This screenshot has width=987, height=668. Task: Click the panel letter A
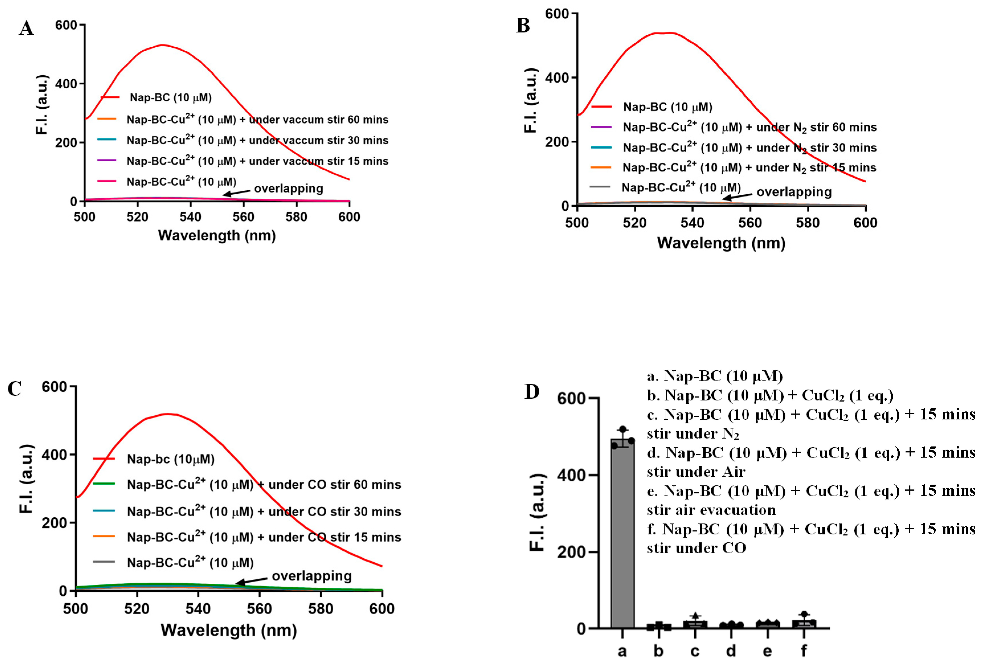(26, 28)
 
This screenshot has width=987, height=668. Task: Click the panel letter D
(532, 392)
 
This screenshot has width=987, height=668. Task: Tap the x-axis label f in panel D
(804, 650)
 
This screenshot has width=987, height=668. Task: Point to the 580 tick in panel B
(808, 223)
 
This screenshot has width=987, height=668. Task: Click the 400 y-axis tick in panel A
(66, 84)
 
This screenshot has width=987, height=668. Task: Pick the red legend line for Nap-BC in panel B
(601, 106)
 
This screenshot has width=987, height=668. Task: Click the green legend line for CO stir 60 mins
(104, 484)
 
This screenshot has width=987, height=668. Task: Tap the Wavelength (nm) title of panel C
(228, 630)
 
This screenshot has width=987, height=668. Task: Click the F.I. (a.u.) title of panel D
(538, 512)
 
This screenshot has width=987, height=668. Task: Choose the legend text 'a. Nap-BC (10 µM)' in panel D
(715, 376)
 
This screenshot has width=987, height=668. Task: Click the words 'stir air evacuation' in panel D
(711, 510)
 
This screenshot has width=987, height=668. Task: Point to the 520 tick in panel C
(137, 608)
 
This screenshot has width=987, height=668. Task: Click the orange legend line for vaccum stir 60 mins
(107, 119)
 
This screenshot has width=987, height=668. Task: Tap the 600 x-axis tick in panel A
(349, 217)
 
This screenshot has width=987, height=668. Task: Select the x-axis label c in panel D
(695, 650)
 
